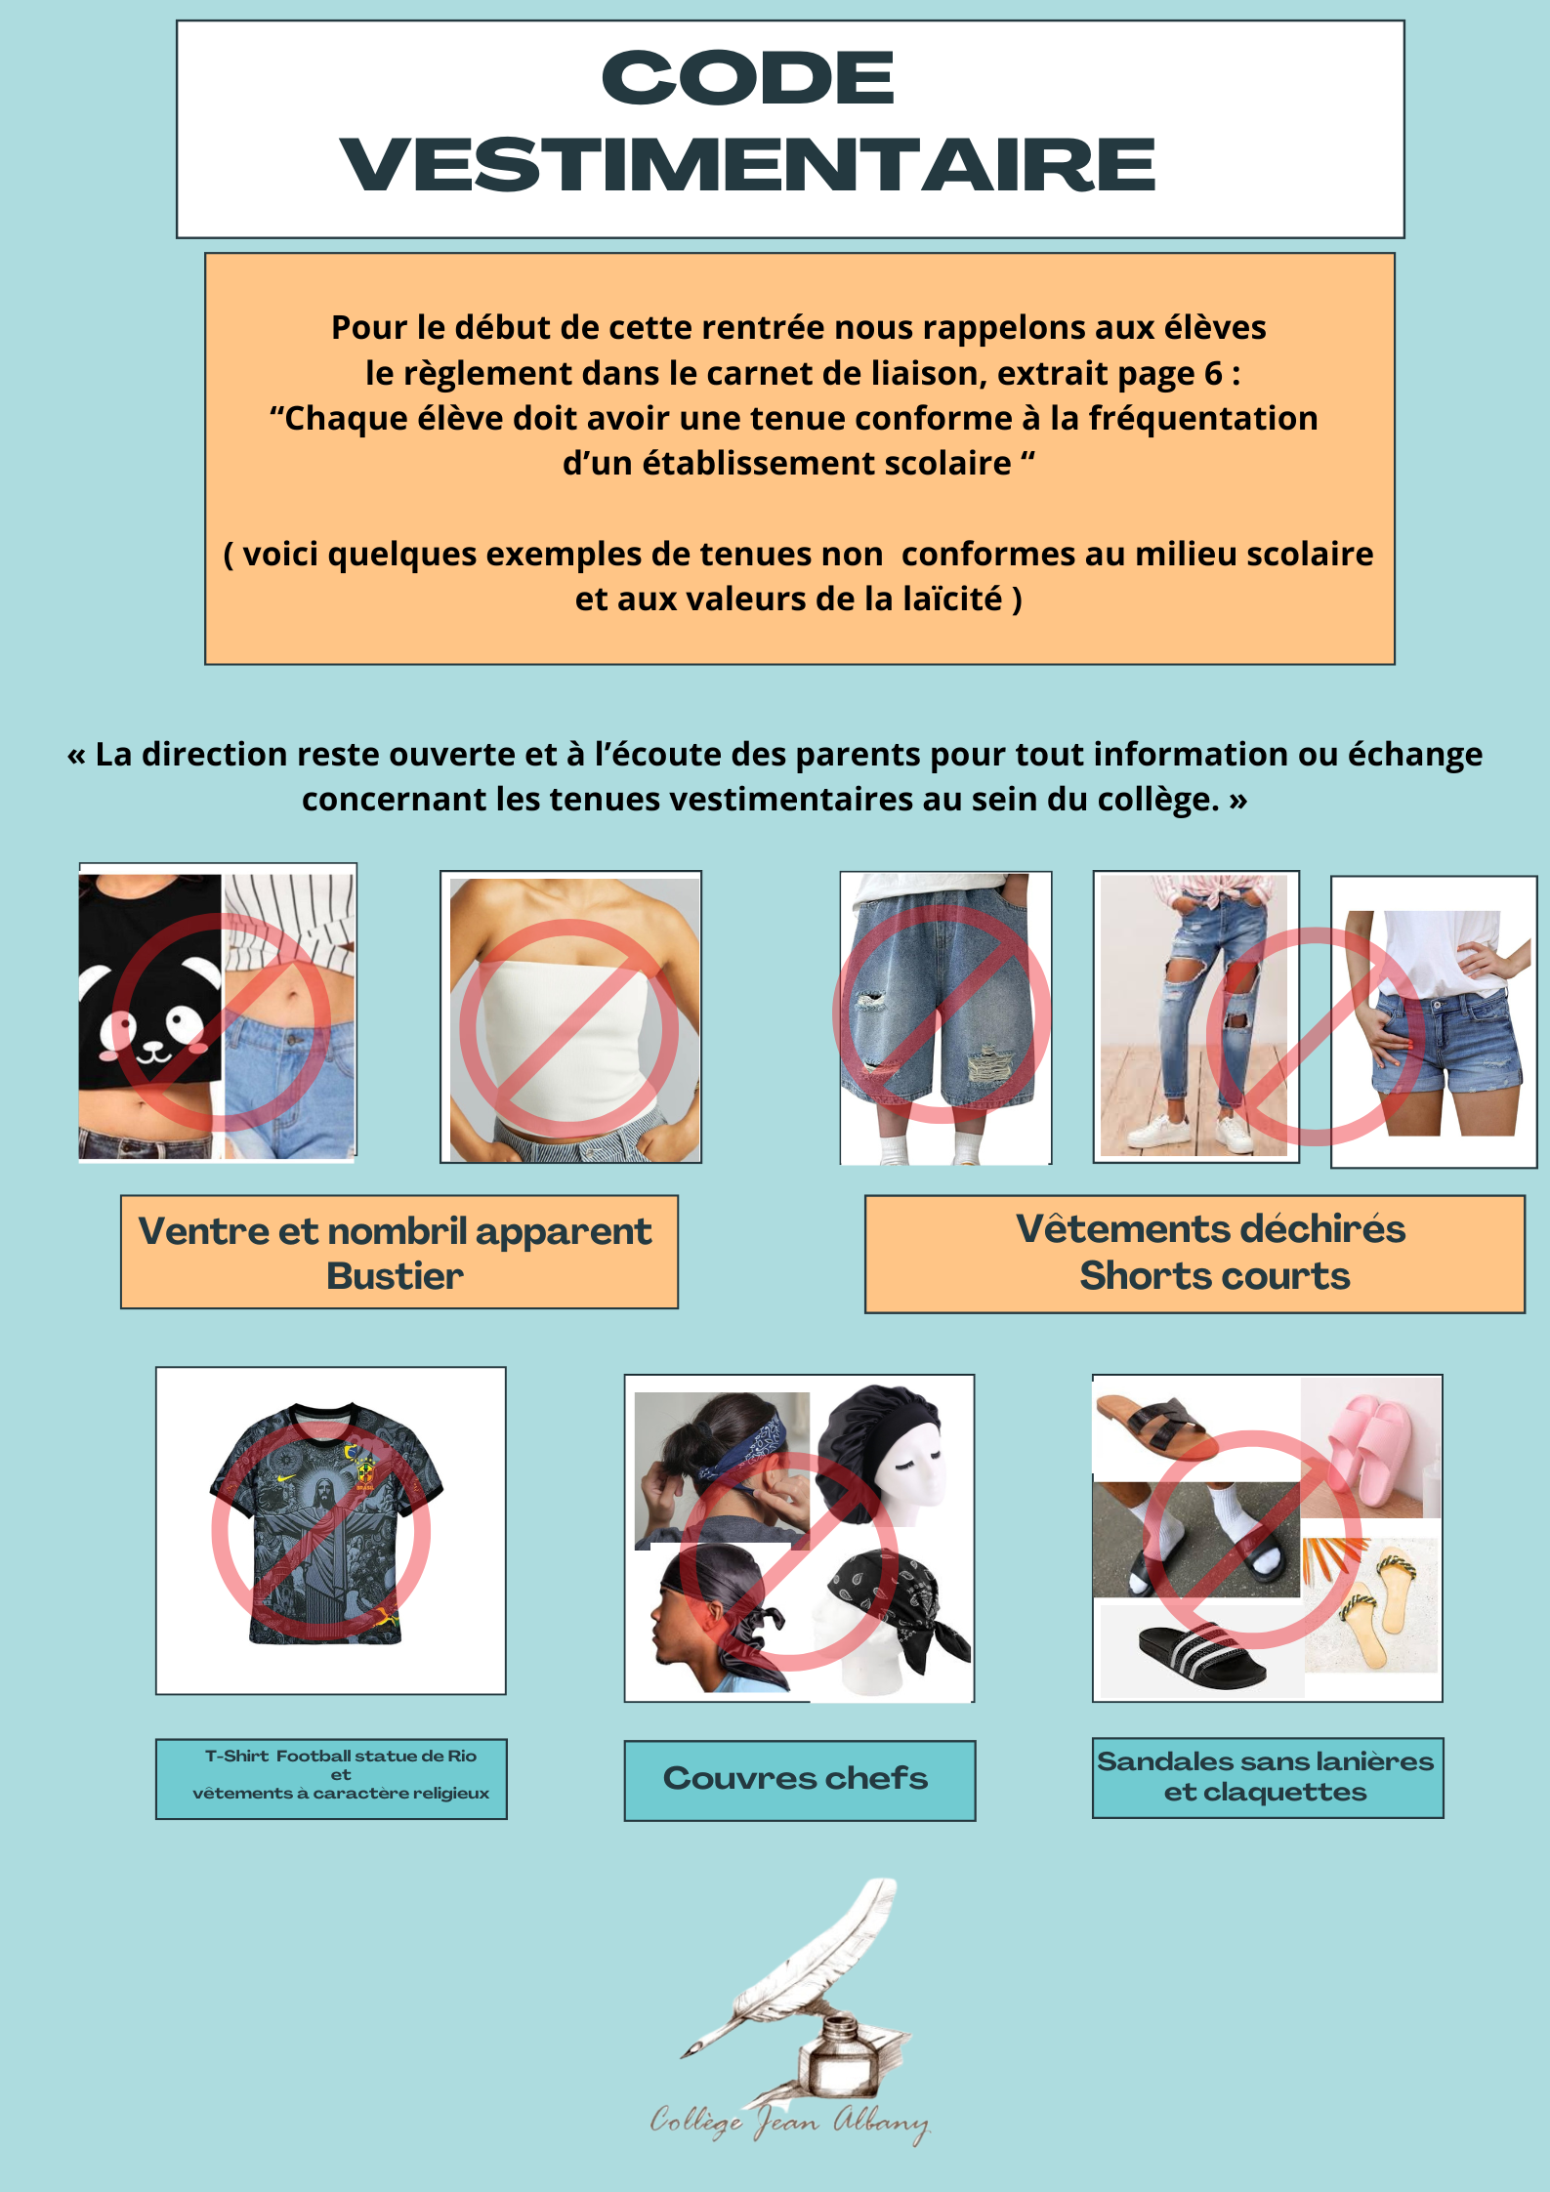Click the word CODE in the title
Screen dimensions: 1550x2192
click(747, 77)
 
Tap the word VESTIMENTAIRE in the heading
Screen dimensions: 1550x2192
click(747, 164)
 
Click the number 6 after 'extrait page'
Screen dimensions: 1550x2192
click(1212, 373)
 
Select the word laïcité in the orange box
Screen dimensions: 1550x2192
click(952, 599)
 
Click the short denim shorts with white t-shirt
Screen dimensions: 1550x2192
click(1435, 1021)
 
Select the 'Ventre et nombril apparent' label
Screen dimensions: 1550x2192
click(395, 1231)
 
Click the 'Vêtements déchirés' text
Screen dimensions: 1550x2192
click(1210, 1228)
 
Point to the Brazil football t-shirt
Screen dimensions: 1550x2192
click(325, 1525)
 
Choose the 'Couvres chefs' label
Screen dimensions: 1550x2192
click(795, 1778)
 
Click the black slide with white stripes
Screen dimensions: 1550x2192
click(1201, 1656)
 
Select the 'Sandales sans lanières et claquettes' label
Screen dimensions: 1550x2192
click(1266, 1776)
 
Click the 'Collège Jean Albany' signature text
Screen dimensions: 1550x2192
click(790, 2122)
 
